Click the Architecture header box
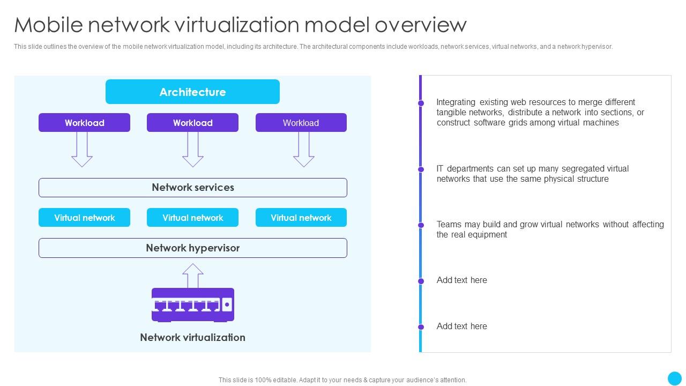192,92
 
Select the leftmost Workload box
84,123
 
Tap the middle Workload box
192,123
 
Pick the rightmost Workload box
301,123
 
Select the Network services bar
192,188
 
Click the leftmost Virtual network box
84,218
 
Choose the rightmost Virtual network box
301,218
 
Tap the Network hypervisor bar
192,248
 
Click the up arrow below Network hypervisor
192,276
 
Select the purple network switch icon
192,305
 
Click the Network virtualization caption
192,337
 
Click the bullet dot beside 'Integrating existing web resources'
421,103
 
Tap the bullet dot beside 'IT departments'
421,169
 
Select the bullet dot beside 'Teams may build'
421,225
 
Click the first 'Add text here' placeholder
461,280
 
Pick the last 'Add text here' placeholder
461,326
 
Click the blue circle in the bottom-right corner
674,378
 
